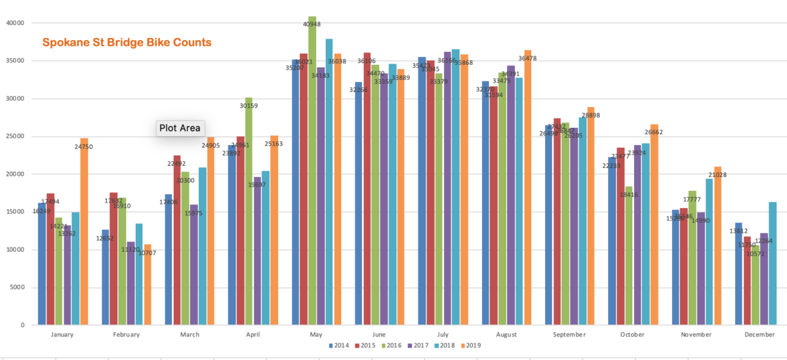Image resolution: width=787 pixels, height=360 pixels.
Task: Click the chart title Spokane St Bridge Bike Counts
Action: pos(127,43)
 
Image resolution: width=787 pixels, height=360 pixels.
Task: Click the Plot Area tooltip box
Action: pos(180,128)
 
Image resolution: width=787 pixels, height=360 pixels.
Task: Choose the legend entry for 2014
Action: pos(337,346)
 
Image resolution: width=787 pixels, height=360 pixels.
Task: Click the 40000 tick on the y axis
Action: pos(15,23)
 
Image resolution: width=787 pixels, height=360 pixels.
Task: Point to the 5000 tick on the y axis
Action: pos(16,287)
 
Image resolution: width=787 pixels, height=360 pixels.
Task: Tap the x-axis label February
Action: pos(126,334)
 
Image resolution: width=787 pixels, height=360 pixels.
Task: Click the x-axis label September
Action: pos(569,334)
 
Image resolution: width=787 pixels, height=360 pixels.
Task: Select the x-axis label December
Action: pos(759,334)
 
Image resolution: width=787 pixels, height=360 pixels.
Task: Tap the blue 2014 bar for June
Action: pos(359,210)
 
